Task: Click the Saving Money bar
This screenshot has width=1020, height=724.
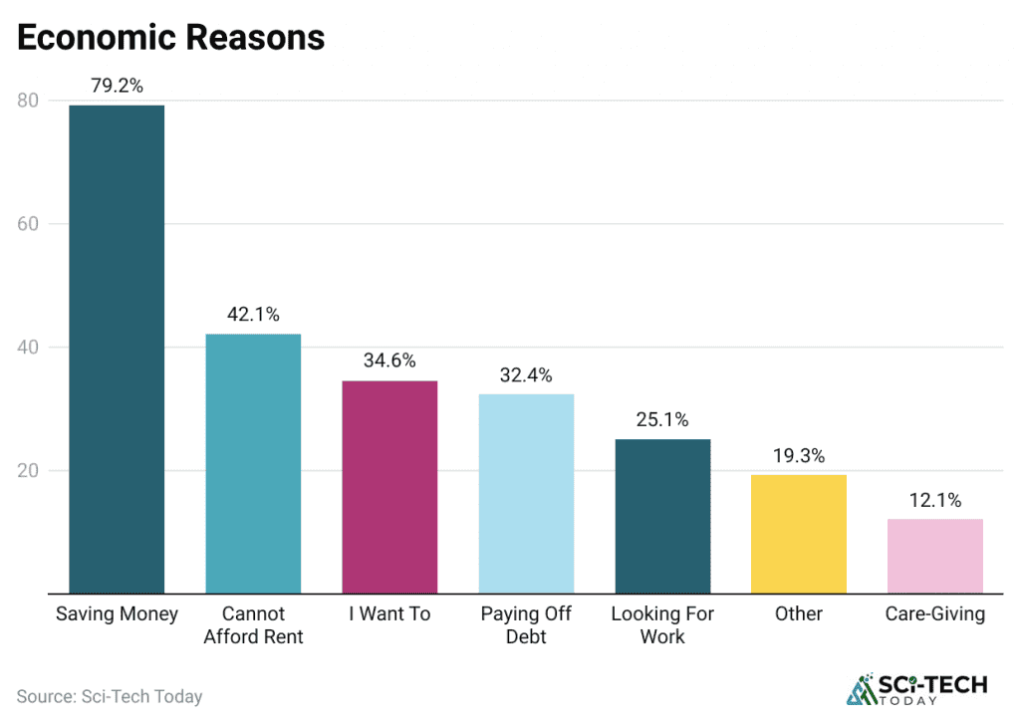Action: coord(117,349)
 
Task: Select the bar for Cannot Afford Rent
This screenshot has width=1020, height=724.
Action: coord(253,463)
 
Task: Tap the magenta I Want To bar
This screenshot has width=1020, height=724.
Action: coord(389,487)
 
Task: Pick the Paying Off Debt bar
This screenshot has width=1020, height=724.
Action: coord(526,494)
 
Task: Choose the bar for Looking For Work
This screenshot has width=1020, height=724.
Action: coord(662,516)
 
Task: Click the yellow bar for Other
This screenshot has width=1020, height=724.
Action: coord(799,534)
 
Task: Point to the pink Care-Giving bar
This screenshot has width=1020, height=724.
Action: coord(935,556)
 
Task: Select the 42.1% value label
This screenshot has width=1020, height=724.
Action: coord(253,314)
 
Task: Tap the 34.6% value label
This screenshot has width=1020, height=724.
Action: coord(389,361)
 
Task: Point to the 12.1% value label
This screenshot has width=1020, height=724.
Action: coord(935,500)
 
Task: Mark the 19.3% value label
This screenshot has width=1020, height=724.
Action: coord(799,455)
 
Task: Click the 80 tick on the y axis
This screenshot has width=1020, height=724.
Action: coord(28,100)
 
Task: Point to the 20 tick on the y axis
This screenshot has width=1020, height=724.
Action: coord(28,470)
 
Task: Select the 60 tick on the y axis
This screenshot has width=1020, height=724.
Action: coord(28,224)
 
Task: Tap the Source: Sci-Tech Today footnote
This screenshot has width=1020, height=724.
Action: coord(110,696)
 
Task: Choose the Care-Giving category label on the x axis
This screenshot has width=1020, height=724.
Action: coord(935,613)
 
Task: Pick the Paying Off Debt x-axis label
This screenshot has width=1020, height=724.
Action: coord(526,624)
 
